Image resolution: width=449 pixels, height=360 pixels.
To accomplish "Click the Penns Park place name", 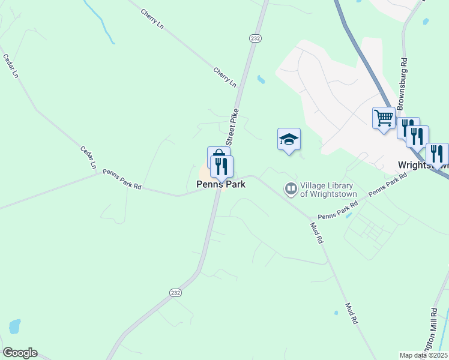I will [x=221, y=185].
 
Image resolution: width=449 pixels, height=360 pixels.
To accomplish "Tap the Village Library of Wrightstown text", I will [x=328, y=190].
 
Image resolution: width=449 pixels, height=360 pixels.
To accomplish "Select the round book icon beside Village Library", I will [x=291, y=190].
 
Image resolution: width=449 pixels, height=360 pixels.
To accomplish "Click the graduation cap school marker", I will [x=289, y=139].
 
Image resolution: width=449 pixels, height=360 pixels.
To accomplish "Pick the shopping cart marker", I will [x=384, y=117].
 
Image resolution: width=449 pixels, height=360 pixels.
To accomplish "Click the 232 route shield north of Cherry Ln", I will [x=255, y=37].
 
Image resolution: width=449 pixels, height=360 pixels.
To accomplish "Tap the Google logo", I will [x=20, y=353].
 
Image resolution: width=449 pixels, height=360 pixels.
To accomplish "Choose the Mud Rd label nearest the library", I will [x=316, y=232].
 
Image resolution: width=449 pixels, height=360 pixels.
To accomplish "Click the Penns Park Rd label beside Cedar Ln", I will [x=121, y=179].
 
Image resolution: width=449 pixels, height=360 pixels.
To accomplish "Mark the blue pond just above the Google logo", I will [x=14, y=326].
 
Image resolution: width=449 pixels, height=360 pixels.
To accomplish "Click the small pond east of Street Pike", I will [x=261, y=79].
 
